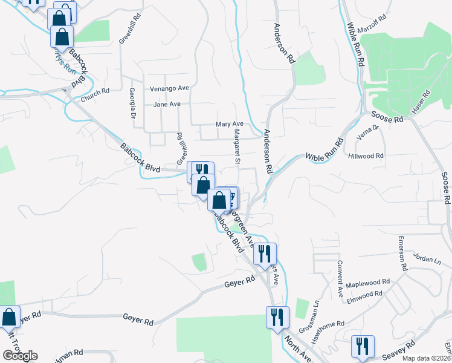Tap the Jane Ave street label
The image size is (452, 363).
point(167,104)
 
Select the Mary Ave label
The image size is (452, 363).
point(230,124)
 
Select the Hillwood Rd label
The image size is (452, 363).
point(366,155)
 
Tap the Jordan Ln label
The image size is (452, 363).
point(425,257)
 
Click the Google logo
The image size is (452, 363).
point(21,356)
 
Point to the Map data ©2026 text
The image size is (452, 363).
point(426,358)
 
